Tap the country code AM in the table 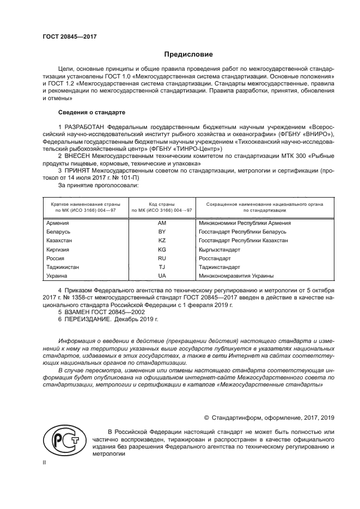point(162,223)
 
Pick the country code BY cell point(162,232)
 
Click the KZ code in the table point(162,241)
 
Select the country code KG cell point(162,249)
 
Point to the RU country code point(162,258)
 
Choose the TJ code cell point(162,267)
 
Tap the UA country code point(162,276)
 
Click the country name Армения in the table point(58,223)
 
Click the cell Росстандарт point(215,258)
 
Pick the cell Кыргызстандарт point(219,249)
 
